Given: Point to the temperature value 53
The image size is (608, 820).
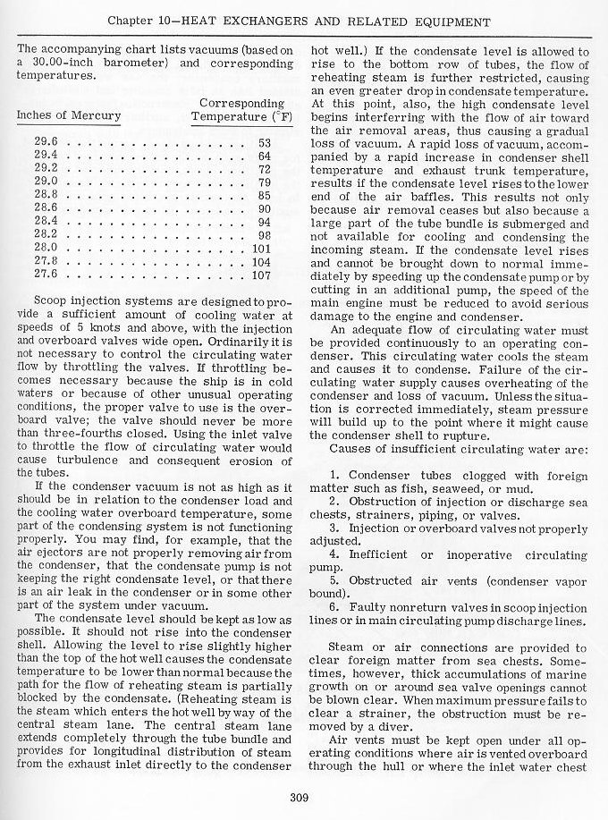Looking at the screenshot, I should (264, 142).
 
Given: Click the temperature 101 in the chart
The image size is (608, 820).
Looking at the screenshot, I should (261, 248).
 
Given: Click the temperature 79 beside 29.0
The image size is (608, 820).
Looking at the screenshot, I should (264, 182).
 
